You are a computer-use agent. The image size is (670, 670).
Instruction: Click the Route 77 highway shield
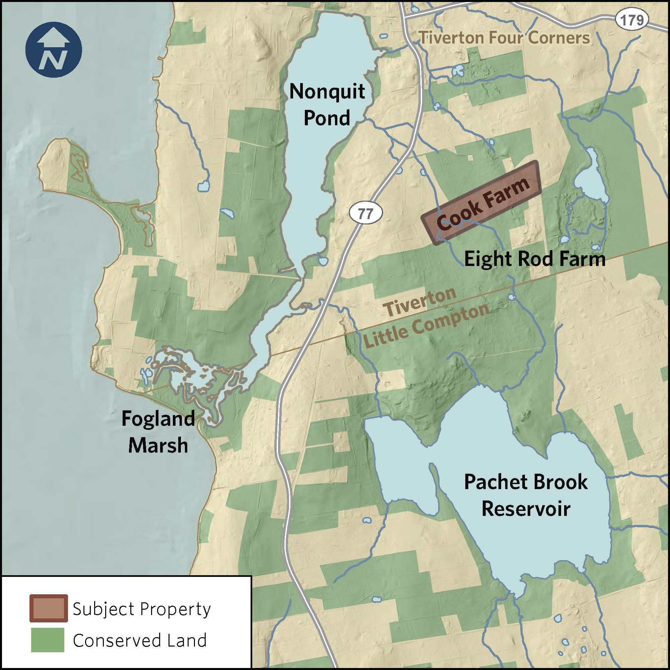pyautogui.click(x=365, y=213)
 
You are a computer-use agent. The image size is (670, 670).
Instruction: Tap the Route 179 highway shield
pyautogui.click(x=632, y=20)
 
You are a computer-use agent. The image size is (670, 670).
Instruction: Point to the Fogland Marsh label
pyautogui.click(x=158, y=432)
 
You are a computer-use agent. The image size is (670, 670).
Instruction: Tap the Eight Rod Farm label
pyautogui.click(x=535, y=259)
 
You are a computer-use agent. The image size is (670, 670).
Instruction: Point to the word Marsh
pyautogui.click(x=158, y=446)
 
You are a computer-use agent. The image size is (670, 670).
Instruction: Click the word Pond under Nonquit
pyautogui.click(x=327, y=118)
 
